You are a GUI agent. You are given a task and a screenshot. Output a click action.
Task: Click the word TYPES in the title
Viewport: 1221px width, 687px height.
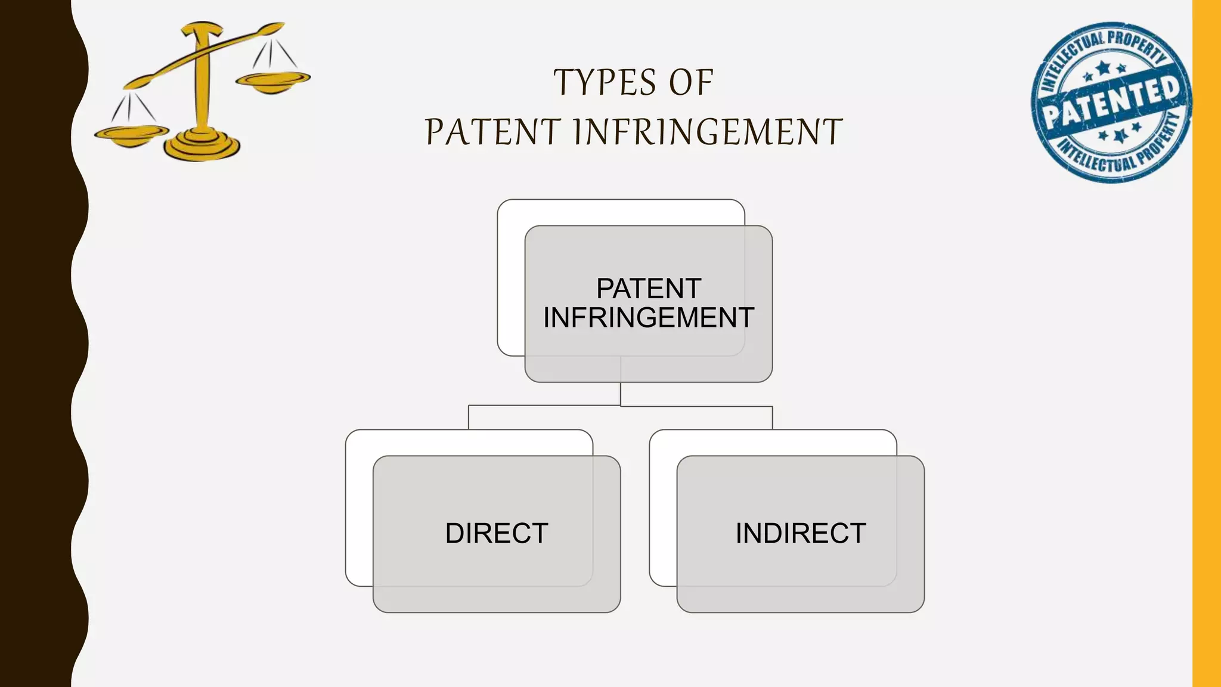click(x=605, y=83)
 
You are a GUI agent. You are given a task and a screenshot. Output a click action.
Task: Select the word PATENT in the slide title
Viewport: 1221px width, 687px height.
click(x=492, y=132)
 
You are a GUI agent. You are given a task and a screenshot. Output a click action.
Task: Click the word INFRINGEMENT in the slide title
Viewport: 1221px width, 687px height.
click(x=708, y=132)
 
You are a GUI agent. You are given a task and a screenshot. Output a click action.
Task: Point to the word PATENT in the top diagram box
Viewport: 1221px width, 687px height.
click(x=649, y=289)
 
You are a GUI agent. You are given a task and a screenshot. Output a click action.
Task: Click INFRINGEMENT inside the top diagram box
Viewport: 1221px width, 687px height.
click(x=649, y=318)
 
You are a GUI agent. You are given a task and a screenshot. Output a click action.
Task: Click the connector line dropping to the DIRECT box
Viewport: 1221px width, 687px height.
click(x=469, y=417)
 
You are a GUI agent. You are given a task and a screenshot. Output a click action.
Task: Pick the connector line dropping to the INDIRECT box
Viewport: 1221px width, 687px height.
click(x=773, y=417)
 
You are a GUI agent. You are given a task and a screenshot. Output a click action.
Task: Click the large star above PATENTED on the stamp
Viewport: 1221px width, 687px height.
click(x=1104, y=67)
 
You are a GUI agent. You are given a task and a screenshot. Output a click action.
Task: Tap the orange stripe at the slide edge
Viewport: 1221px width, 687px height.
click(x=1207, y=343)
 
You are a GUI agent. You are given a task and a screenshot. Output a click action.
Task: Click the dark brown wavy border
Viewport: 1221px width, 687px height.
click(x=36, y=343)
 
